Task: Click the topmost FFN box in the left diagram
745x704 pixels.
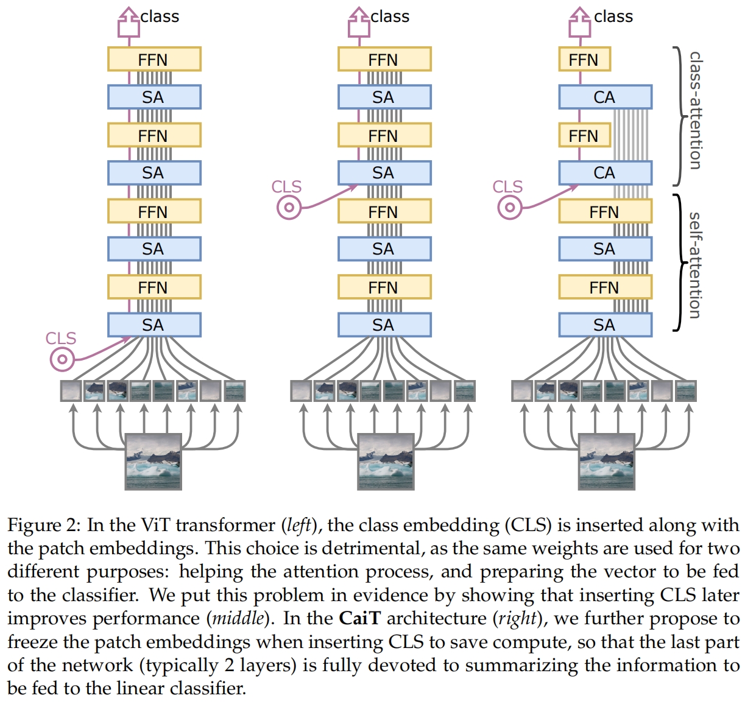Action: click(154, 59)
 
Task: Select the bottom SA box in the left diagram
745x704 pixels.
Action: click(154, 325)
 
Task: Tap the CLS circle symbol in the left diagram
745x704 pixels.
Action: click(61, 359)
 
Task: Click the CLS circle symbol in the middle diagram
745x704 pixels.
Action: click(289, 208)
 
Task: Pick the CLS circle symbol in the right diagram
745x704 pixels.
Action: click(509, 208)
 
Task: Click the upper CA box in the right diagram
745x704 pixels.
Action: click(605, 97)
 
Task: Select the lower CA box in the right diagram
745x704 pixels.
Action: click(605, 173)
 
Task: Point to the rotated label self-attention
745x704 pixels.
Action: click(694, 265)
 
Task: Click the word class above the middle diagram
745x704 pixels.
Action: click(390, 16)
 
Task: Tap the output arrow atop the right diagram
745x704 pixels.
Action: click(579, 23)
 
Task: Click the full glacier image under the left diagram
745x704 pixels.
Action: click(154, 462)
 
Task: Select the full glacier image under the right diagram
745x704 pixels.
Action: click(606, 462)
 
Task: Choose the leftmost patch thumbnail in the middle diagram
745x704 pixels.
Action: click(302, 391)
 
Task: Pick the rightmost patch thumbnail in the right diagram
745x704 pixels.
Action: click(685, 391)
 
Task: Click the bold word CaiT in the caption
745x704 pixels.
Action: click(359, 618)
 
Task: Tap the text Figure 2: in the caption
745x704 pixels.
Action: click(43, 525)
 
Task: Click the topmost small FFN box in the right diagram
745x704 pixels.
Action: click(584, 59)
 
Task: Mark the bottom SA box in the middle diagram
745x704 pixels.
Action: click(384, 325)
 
